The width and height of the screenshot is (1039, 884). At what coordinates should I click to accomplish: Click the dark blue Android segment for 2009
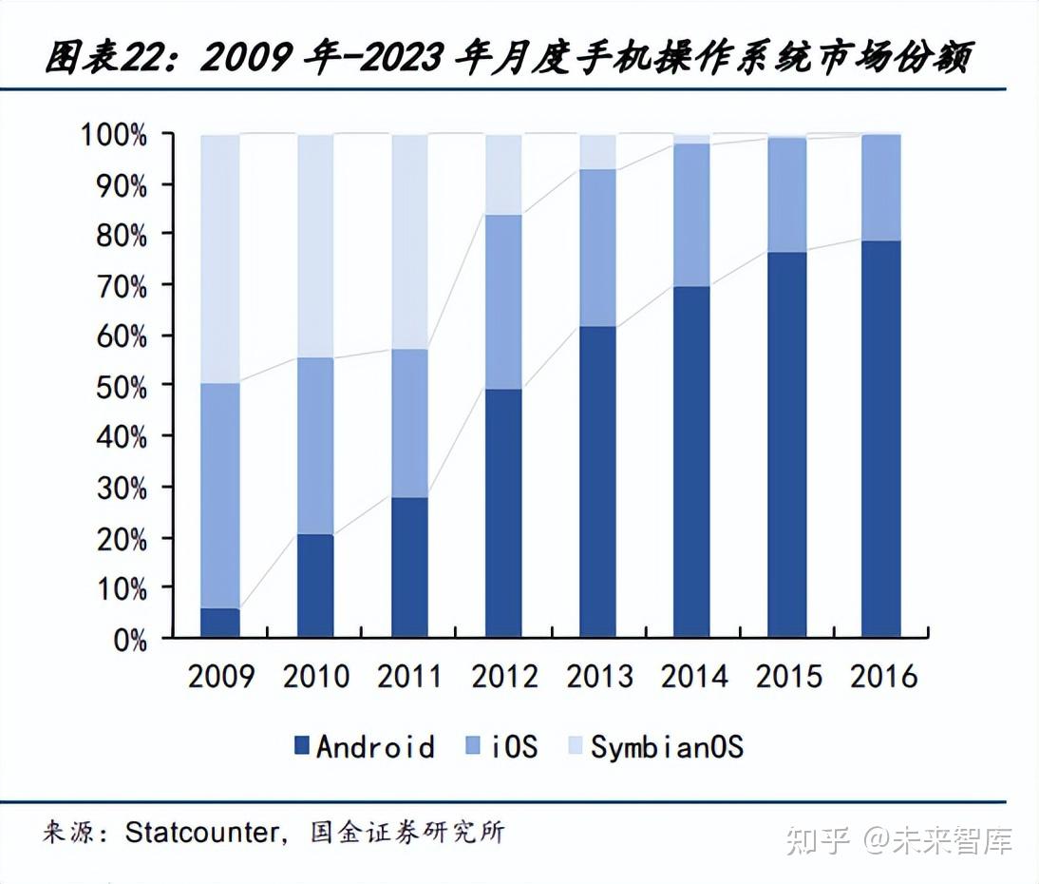[220, 622]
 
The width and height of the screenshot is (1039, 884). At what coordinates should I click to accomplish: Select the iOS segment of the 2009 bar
[220, 494]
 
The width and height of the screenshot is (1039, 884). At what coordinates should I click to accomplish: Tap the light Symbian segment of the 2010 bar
[315, 245]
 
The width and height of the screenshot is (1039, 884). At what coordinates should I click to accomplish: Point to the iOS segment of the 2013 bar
[597, 247]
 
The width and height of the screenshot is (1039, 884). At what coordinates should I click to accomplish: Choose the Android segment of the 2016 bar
[880, 437]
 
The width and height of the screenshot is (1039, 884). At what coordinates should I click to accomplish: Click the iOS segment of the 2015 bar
[786, 195]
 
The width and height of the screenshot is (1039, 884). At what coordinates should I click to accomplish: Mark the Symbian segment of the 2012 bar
[503, 174]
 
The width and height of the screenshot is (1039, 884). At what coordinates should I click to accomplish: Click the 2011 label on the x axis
[409, 676]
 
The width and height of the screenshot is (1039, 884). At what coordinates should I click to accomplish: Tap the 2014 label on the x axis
[693, 676]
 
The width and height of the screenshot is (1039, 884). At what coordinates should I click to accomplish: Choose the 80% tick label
[122, 235]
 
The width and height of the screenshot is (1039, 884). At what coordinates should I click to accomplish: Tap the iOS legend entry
[502, 746]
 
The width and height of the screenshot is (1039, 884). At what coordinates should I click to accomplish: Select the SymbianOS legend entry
[655, 746]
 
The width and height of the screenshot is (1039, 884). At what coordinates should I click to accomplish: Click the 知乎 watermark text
[817, 840]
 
